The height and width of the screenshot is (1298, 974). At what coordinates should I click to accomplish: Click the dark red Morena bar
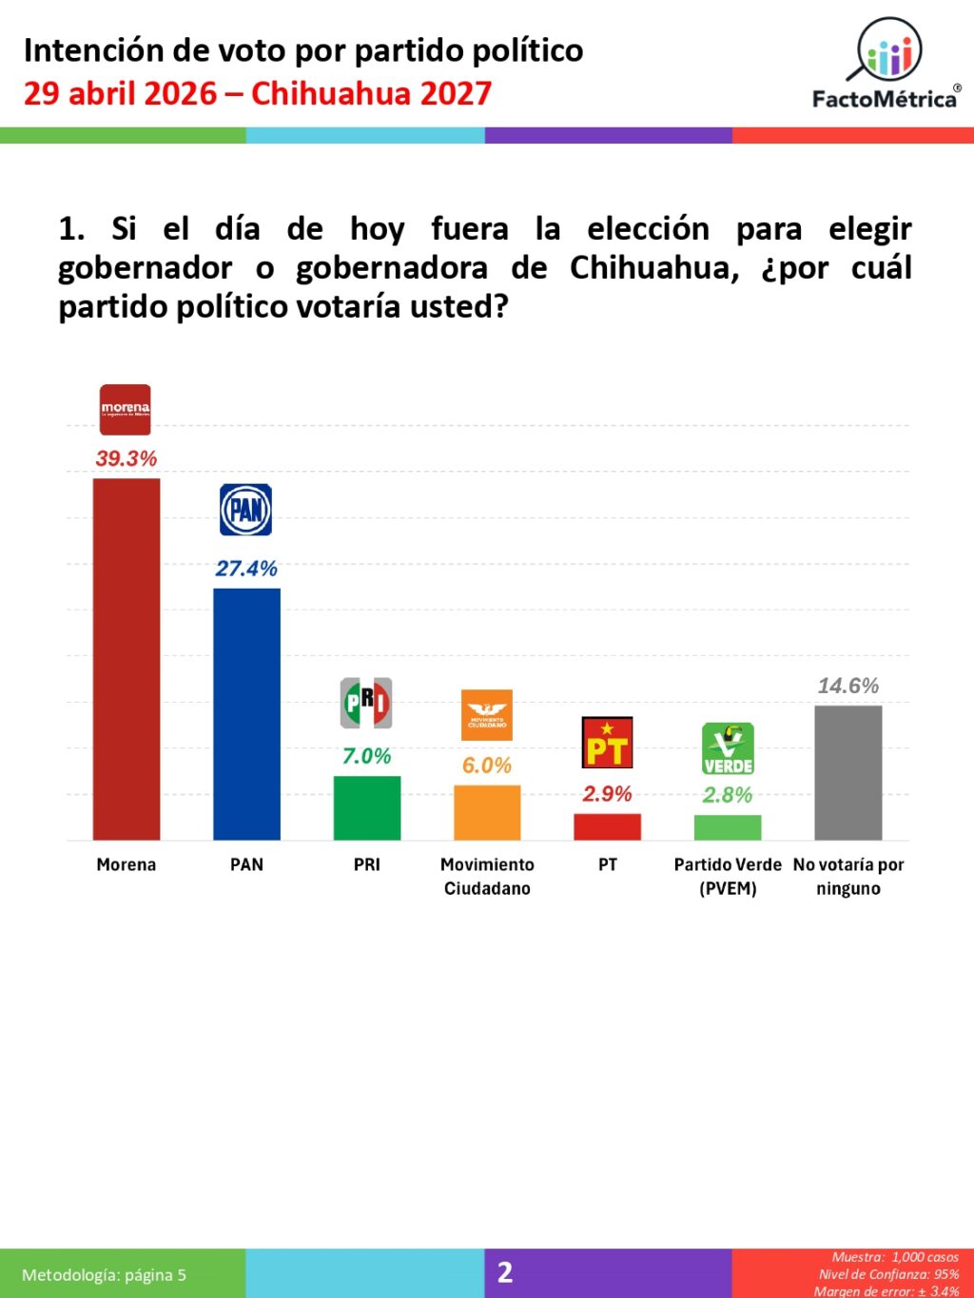coord(127,658)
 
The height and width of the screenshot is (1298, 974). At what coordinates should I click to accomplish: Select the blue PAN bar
coord(246,713)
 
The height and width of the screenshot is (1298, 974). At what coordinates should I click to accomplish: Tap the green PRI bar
coord(367,807)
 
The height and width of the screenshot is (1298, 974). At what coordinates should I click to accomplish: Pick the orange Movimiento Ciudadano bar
coord(487,812)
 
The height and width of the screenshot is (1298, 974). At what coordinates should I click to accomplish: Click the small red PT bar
coord(607,826)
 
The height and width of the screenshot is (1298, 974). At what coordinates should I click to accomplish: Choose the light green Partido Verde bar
coord(728,827)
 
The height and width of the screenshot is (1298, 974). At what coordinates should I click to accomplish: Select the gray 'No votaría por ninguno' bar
coord(848,772)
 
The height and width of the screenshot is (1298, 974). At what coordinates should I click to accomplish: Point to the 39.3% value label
coord(127,458)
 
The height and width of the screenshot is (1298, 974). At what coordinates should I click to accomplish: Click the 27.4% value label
coord(246,569)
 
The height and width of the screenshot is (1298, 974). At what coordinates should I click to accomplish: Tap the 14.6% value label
coord(848,686)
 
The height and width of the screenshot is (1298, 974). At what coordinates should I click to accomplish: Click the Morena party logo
coord(126,410)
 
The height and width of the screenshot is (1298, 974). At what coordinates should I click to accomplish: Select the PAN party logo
coord(246,510)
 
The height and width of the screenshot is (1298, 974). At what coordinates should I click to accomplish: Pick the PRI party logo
coord(366,703)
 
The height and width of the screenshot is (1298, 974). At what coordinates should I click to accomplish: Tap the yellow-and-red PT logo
coord(607,743)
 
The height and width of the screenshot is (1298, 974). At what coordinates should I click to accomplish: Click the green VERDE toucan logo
coord(728,748)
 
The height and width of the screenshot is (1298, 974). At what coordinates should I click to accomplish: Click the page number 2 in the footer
coord(505,1272)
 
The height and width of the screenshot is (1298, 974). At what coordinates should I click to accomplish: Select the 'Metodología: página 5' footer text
coord(105,1275)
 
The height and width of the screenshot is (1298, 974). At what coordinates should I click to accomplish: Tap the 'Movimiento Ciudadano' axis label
coord(487,876)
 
